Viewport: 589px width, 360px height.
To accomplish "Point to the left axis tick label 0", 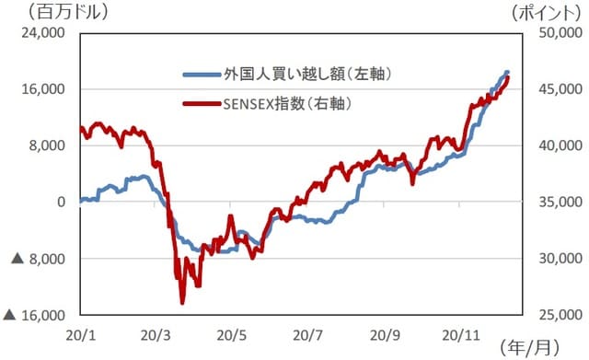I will [61, 202].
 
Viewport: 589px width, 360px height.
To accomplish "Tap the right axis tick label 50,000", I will [554, 33].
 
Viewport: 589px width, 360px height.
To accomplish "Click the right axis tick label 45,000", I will [554, 89].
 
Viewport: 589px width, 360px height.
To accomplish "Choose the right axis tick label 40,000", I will [554, 145].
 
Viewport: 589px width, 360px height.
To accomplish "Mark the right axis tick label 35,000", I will [554, 202].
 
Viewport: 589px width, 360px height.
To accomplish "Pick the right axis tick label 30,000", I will [554, 259].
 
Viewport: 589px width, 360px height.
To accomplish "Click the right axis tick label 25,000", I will [554, 315].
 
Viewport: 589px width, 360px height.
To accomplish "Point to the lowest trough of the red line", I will [182, 302].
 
